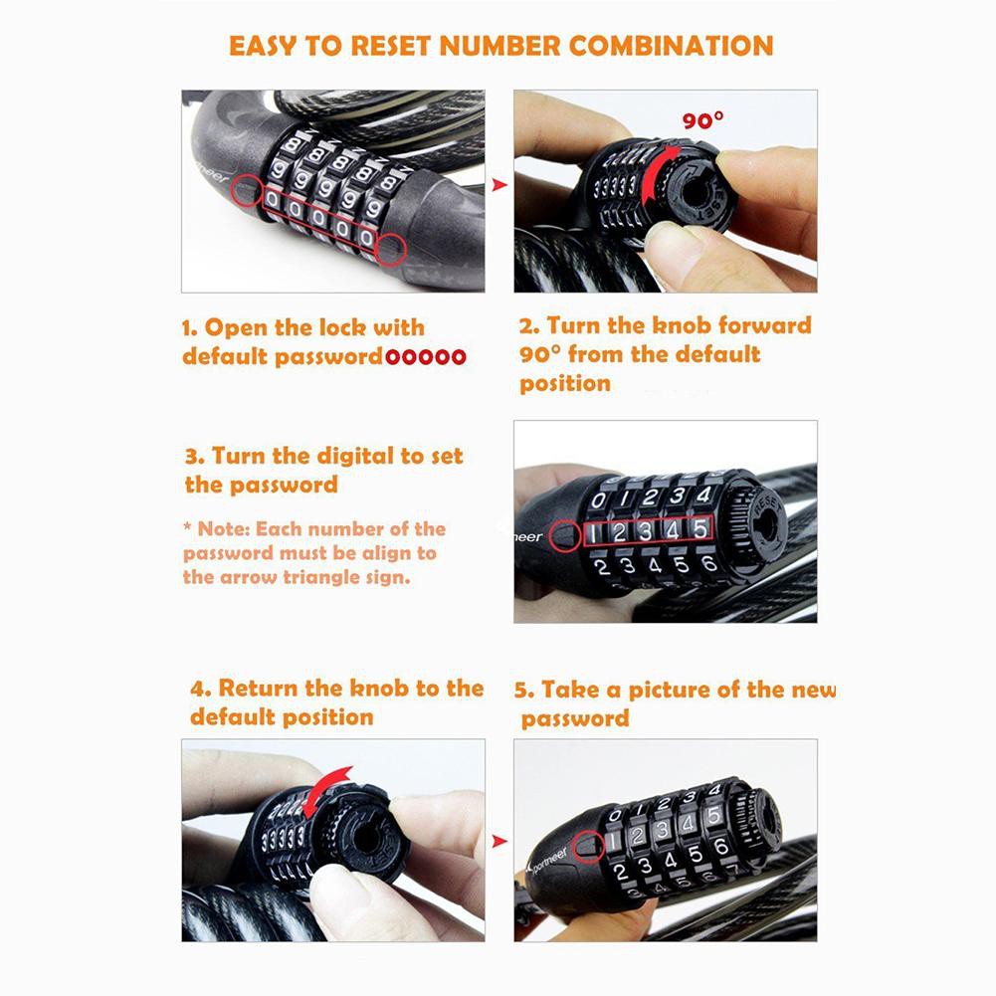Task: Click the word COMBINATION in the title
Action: (x=671, y=46)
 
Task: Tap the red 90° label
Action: (x=703, y=119)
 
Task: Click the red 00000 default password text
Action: (x=426, y=357)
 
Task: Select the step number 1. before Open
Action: (x=190, y=328)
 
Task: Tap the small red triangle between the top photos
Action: (x=500, y=185)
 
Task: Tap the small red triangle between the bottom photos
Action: (x=500, y=842)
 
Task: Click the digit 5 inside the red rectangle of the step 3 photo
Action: (x=699, y=528)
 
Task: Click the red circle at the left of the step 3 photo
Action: (x=564, y=536)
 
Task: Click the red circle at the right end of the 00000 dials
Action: (x=391, y=249)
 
